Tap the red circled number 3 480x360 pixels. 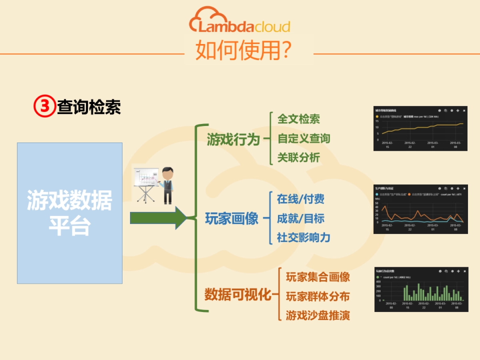(x=44, y=107)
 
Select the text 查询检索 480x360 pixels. (x=89, y=107)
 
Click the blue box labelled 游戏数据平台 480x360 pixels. (x=70, y=213)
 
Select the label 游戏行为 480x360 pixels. (x=233, y=140)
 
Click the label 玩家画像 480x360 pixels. (x=232, y=219)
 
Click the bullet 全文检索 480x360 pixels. (x=298, y=119)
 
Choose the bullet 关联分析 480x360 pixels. (x=298, y=158)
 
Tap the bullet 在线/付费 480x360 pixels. (x=300, y=199)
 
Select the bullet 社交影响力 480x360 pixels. (x=304, y=238)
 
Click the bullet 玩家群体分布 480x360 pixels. (x=318, y=296)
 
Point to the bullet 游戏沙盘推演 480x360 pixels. (x=318, y=316)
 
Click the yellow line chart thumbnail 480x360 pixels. (x=420, y=128)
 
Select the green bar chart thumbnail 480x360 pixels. (x=421, y=289)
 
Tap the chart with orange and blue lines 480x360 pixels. (x=420, y=209)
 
